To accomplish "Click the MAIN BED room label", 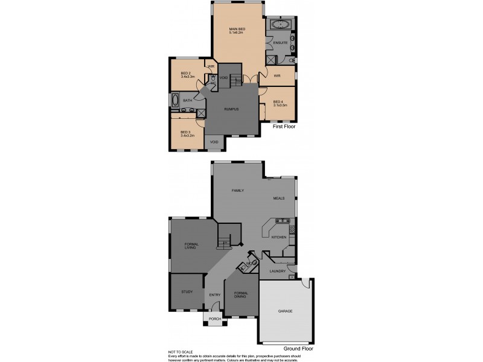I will [x=236, y=29].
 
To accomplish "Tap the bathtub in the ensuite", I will [x=280, y=25].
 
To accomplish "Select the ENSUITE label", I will [x=280, y=43].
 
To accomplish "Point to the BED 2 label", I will [x=186, y=73].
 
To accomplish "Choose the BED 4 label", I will [x=278, y=101].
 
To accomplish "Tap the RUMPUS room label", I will [x=231, y=109].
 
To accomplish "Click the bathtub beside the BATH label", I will [x=175, y=100].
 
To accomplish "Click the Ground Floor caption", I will [x=298, y=349].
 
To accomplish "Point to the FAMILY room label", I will [x=238, y=190].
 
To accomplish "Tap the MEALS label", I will [x=278, y=198].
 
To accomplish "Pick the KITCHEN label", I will [x=278, y=238].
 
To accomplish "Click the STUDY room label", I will [x=187, y=292].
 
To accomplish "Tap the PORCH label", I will [x=214, y=319].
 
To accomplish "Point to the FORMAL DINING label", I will [x=240, y=294].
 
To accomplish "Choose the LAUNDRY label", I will [x=278, y=271].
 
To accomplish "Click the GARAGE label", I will [x=285, y=311].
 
